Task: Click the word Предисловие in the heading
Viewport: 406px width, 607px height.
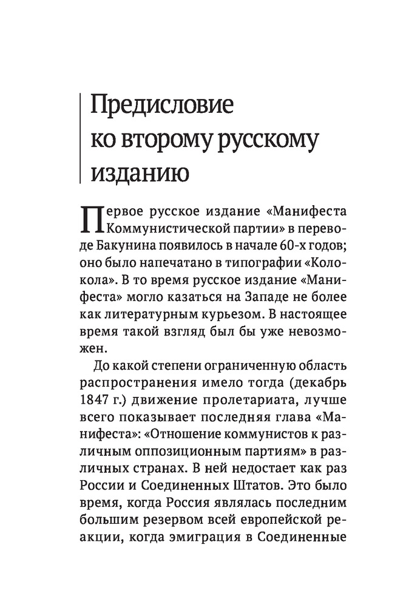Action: click(x=161, y=105)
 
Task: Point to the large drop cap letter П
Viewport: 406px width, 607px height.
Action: click(x=92, y=222)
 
